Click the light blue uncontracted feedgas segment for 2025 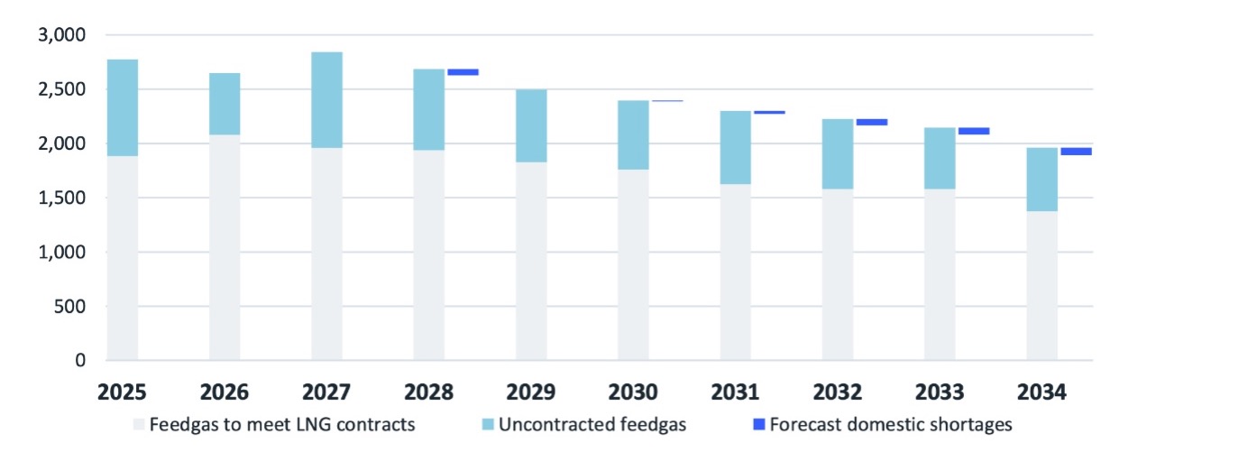click(x=123, y=108)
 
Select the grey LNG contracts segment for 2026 click(x=225, y=247)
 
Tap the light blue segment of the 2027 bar click(x=326, y=100)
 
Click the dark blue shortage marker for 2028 click(x=463, y=72)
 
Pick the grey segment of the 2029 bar click(x=531, y=261)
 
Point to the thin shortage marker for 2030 click(x=667, y=101)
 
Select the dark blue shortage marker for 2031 click(x=769, y=113)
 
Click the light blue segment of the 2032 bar click(x=838, y=154)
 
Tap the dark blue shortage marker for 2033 click(x=974, y=131)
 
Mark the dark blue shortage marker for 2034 click(x=1076, y=152)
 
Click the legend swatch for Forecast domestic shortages click(x=759, y=424)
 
